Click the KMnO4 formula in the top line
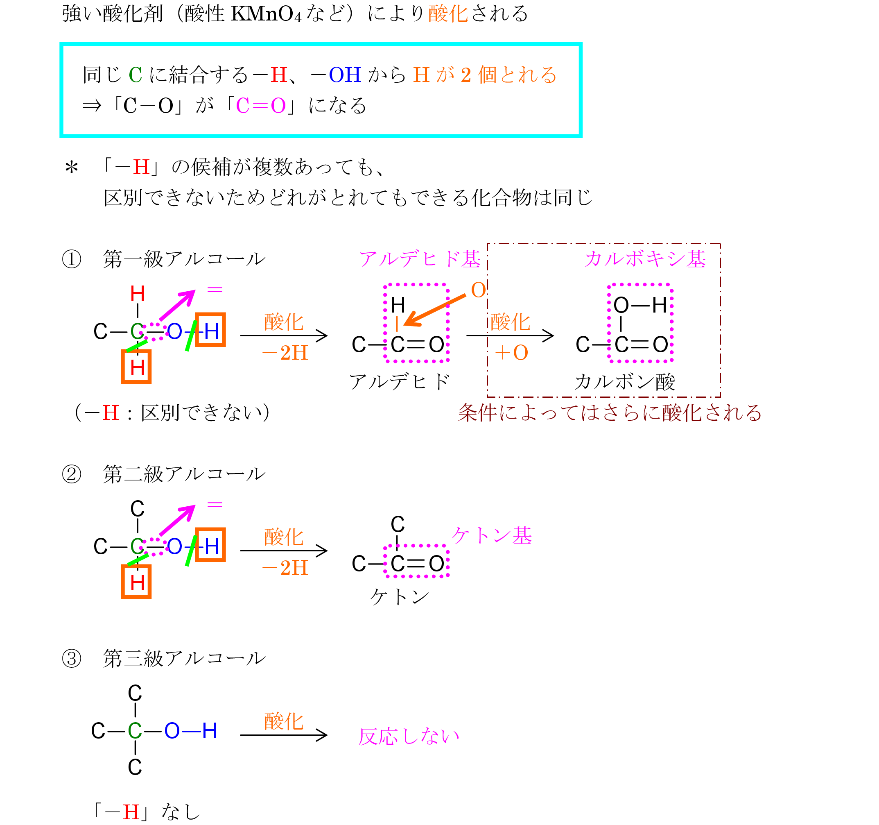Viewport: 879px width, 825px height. pos(266,14)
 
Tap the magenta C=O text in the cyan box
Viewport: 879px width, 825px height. pos(261,106)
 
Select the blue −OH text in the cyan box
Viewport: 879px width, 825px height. pos(336,75)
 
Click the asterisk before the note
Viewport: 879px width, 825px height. pos(72,168)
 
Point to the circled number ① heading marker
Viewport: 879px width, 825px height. pos(72,259)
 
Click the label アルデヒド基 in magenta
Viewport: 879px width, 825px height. pos(420,259)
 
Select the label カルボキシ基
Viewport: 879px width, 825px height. pos(645,259)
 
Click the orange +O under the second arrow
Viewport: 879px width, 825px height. pos(512,353)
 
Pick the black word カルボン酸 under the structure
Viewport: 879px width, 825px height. pos(625,381)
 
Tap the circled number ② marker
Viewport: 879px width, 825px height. pos(72,474)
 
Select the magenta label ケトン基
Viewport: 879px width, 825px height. pos(492,536)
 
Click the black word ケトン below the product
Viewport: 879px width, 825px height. pos(399,597)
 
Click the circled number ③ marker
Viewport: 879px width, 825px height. pos(72,659)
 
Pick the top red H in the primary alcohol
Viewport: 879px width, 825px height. pos(138,294)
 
